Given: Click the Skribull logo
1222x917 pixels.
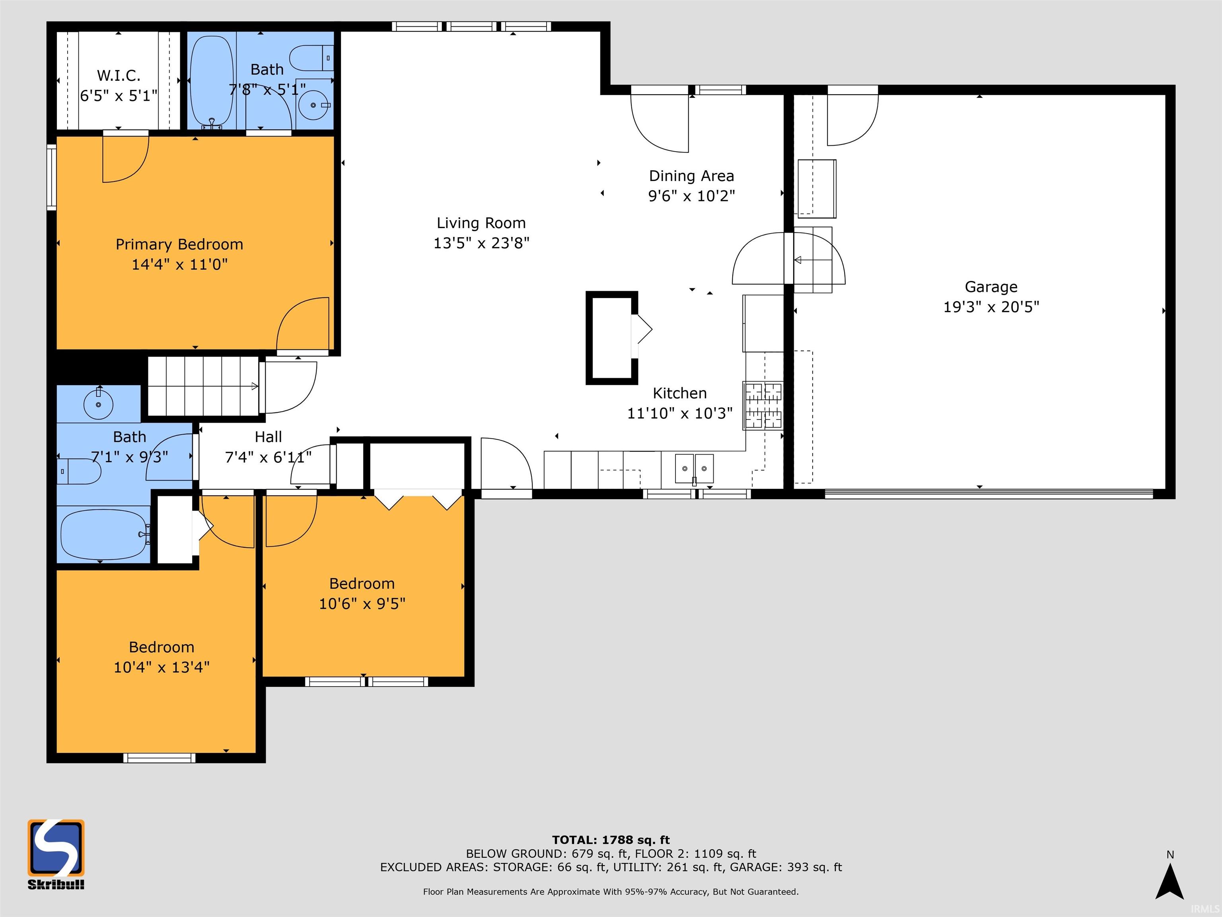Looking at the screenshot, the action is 56,854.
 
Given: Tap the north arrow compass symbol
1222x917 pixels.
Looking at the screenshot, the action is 1169,882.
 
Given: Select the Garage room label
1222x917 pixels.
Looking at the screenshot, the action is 991,287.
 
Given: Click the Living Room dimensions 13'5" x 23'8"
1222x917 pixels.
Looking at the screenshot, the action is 481,243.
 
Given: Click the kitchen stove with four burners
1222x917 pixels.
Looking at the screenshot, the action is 763,406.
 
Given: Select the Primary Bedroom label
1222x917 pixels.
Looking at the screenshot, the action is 179,244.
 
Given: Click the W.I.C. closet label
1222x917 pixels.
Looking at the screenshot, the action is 119,75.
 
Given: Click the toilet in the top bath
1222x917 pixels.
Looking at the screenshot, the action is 311,58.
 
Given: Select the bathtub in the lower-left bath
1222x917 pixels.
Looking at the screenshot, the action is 104,535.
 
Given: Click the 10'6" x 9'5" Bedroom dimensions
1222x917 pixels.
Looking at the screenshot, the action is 362,604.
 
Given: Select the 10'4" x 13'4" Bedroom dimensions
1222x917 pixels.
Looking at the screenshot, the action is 162,667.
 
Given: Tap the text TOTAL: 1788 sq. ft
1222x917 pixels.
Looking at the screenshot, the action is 611,840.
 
